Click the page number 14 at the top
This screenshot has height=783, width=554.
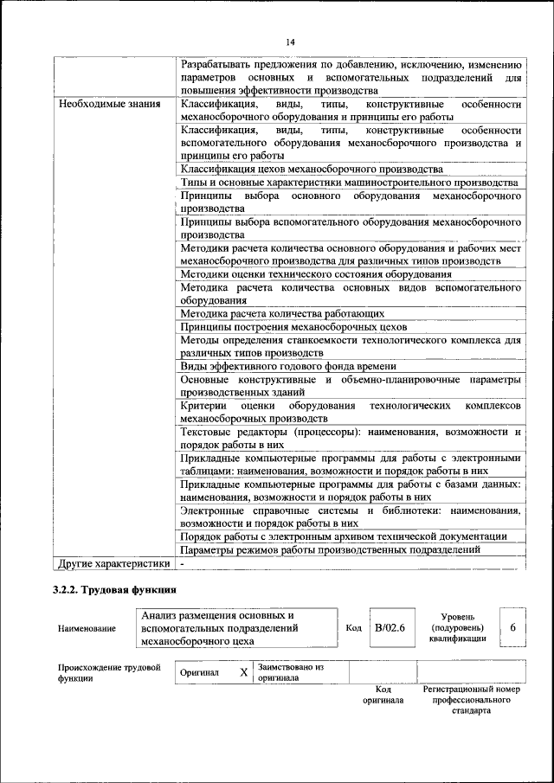tap(290, 42)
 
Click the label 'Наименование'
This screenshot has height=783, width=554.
tap(87, 628)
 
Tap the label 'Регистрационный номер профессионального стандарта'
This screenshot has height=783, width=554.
tap(471, 700)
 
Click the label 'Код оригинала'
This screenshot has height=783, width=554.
tap(383, 695)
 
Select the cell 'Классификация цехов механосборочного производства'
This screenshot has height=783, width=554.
tap(312, 169)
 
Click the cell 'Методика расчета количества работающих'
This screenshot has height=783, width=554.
tap(282, 313)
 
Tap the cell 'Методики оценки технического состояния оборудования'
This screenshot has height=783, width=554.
tap(317, 274)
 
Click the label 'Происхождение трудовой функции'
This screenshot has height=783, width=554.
tap(109, 672)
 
